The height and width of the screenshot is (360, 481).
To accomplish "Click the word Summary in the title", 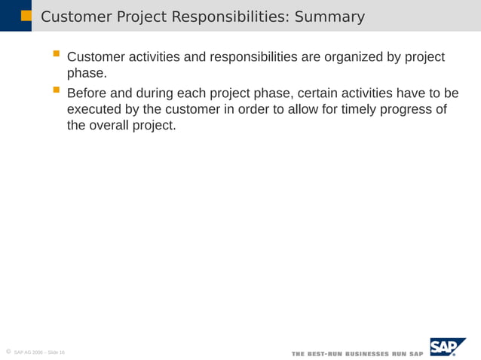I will [329, 17].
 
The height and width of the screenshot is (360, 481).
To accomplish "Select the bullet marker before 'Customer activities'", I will [56, 55].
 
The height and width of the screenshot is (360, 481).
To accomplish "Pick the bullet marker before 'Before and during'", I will [56, 91].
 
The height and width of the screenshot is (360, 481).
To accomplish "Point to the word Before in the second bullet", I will [88, 94].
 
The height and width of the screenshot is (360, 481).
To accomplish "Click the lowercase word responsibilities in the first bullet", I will [253, 58].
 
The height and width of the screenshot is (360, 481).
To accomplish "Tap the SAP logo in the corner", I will [447, 347].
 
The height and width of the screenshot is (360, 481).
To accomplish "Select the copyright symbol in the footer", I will [7, 351].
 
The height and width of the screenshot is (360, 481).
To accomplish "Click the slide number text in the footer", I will [39, 352].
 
